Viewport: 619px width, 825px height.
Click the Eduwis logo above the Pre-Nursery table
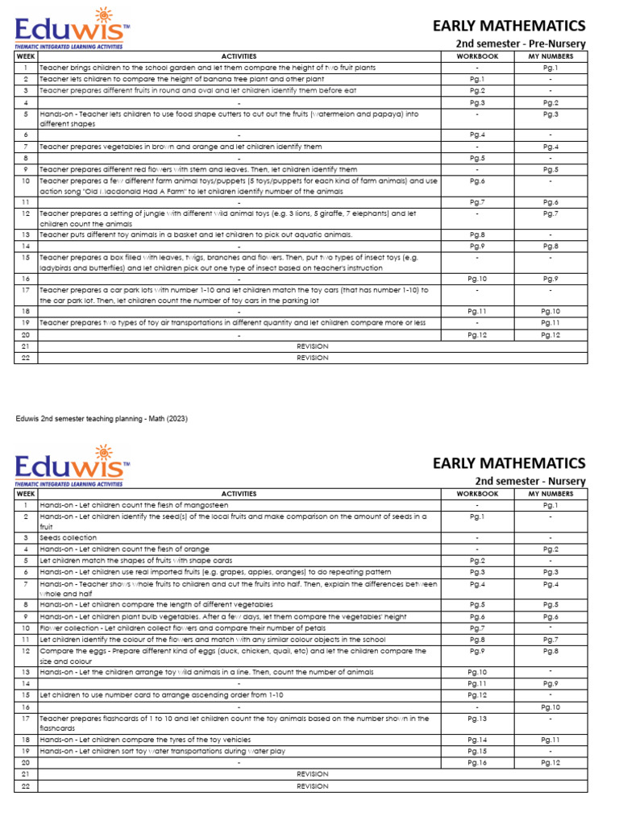(72, 26)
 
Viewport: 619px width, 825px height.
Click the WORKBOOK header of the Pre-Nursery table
(477, 56)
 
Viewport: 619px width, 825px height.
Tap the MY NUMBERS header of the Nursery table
(550, 493)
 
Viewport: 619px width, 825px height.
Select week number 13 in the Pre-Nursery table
(26, 234)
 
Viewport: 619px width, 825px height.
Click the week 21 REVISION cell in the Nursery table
(312, 773)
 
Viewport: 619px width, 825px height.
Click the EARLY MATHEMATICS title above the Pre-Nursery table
(509, 25)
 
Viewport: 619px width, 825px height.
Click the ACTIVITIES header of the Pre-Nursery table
(238, 56)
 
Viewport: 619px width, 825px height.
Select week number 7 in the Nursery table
(26, 582)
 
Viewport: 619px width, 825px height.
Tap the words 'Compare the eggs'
(65, 651)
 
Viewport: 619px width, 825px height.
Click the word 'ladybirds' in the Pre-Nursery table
(56, 267)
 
